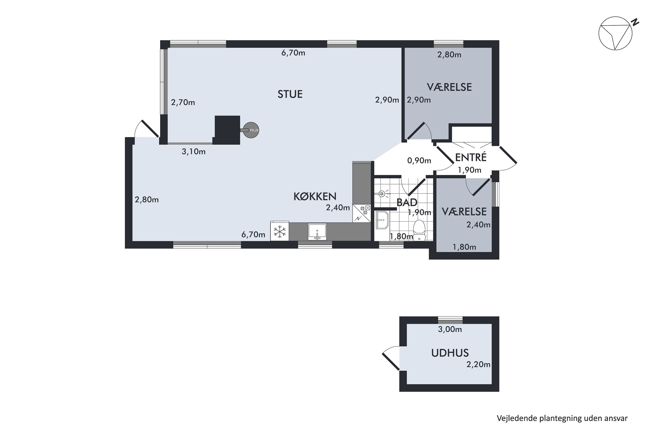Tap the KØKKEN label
click(315, 197)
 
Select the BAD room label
click(407, 203)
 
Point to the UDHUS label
click(450, 353)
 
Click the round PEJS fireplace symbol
click(251, 130)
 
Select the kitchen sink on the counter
click(317, 232)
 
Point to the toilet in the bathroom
click(419, 230)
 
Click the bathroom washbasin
click(382, 220)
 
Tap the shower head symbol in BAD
click(382, 194)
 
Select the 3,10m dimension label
click(194, 152)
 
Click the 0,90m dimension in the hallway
click(419, 161)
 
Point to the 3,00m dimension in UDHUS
click(450, 329)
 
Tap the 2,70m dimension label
click(183, 103)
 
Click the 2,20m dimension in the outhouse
click(478, 365)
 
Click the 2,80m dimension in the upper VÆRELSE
click(449, 55)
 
